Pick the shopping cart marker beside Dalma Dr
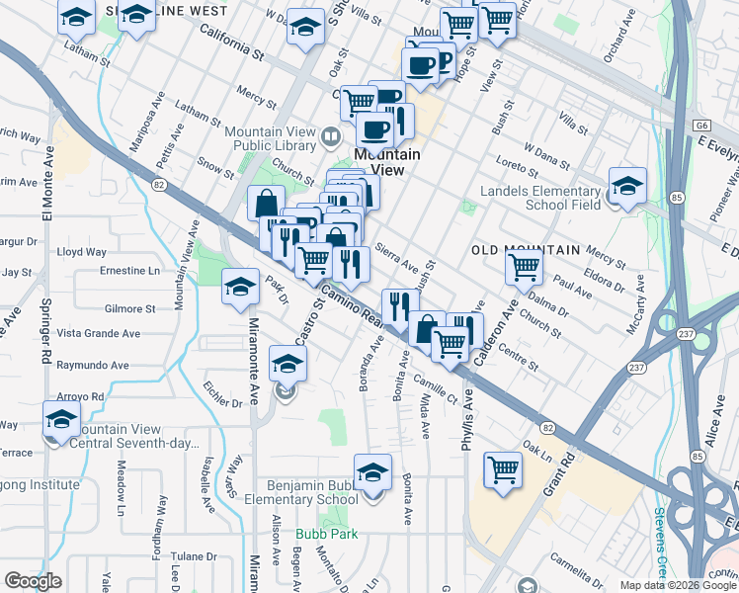coord(524,265)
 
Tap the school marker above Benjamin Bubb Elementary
coord(372,473)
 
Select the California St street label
coord(233,41)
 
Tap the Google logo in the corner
coord(33,580)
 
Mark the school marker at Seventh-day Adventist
coord(61,419)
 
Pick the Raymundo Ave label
coord(93,365)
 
